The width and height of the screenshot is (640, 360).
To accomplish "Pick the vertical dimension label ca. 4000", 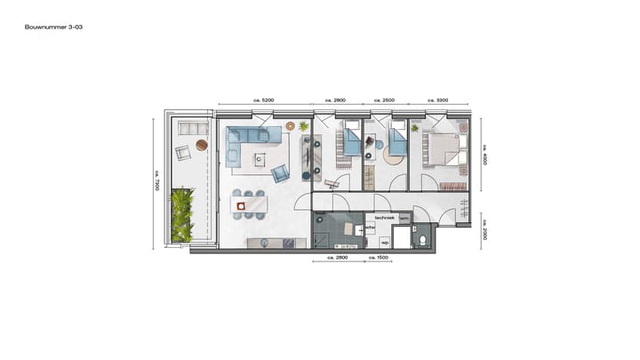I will tap(484, 153).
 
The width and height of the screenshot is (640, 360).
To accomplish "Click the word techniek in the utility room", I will tap(384, 217).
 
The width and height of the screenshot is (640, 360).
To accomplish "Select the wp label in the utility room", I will tap(385, 241).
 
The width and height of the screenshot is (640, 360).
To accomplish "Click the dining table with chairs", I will tap(250, 204).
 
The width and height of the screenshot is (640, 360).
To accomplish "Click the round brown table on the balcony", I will tap(202, 144).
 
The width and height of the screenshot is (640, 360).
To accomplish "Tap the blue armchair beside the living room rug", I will tap(280, 173).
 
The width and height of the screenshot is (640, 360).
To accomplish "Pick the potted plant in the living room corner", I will tap(304, 126).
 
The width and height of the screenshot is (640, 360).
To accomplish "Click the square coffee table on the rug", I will tap(260, 159).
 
